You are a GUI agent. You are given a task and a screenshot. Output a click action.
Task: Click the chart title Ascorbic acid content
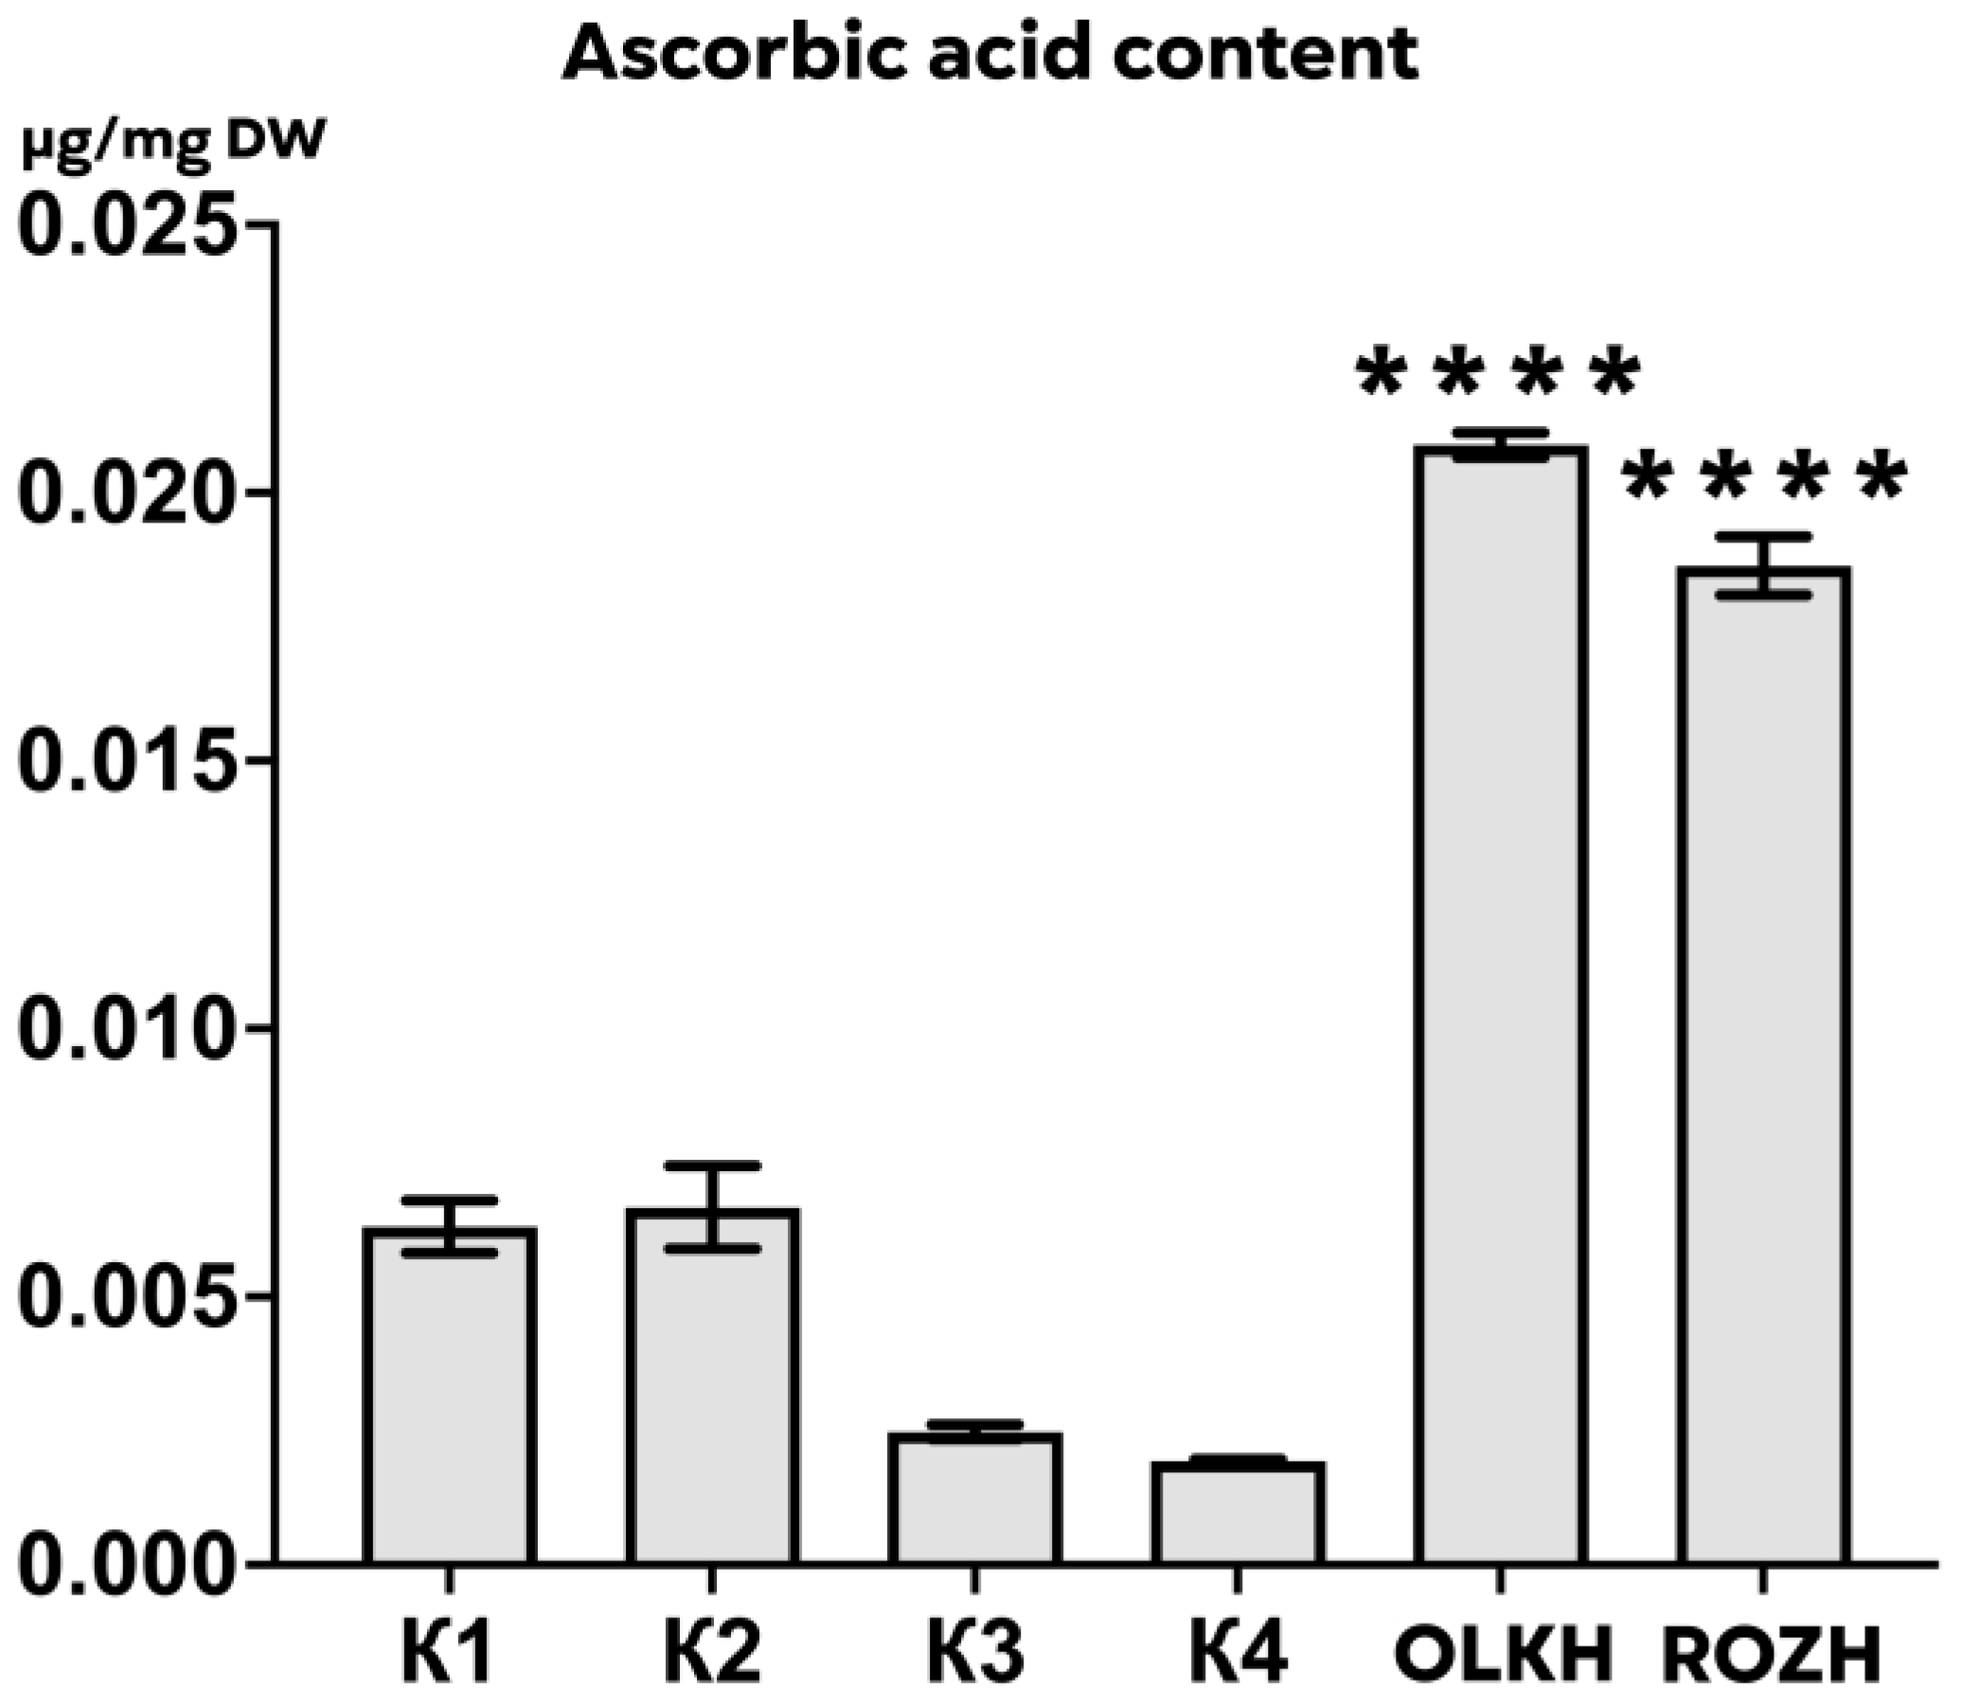[x=989, y=54]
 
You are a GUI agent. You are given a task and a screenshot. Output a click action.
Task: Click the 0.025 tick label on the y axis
[x=126, y=225]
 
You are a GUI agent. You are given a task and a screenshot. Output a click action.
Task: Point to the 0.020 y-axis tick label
[x=126, y=493]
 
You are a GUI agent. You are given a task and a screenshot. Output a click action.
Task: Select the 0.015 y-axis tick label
[x=126, y=761]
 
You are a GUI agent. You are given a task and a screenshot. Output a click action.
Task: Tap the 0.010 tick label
[x=126, y=1029]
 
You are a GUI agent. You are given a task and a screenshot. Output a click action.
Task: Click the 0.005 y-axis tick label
[x=126, y=1297]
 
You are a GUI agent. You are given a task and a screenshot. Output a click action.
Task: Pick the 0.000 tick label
[x=126, y=1565]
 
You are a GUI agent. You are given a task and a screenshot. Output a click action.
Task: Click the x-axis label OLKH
[x=1502, y=1656]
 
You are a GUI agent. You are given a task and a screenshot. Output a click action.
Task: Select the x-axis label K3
[x=974, y=1656]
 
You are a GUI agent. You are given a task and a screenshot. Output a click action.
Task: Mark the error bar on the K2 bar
[x=712, y=1205]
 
